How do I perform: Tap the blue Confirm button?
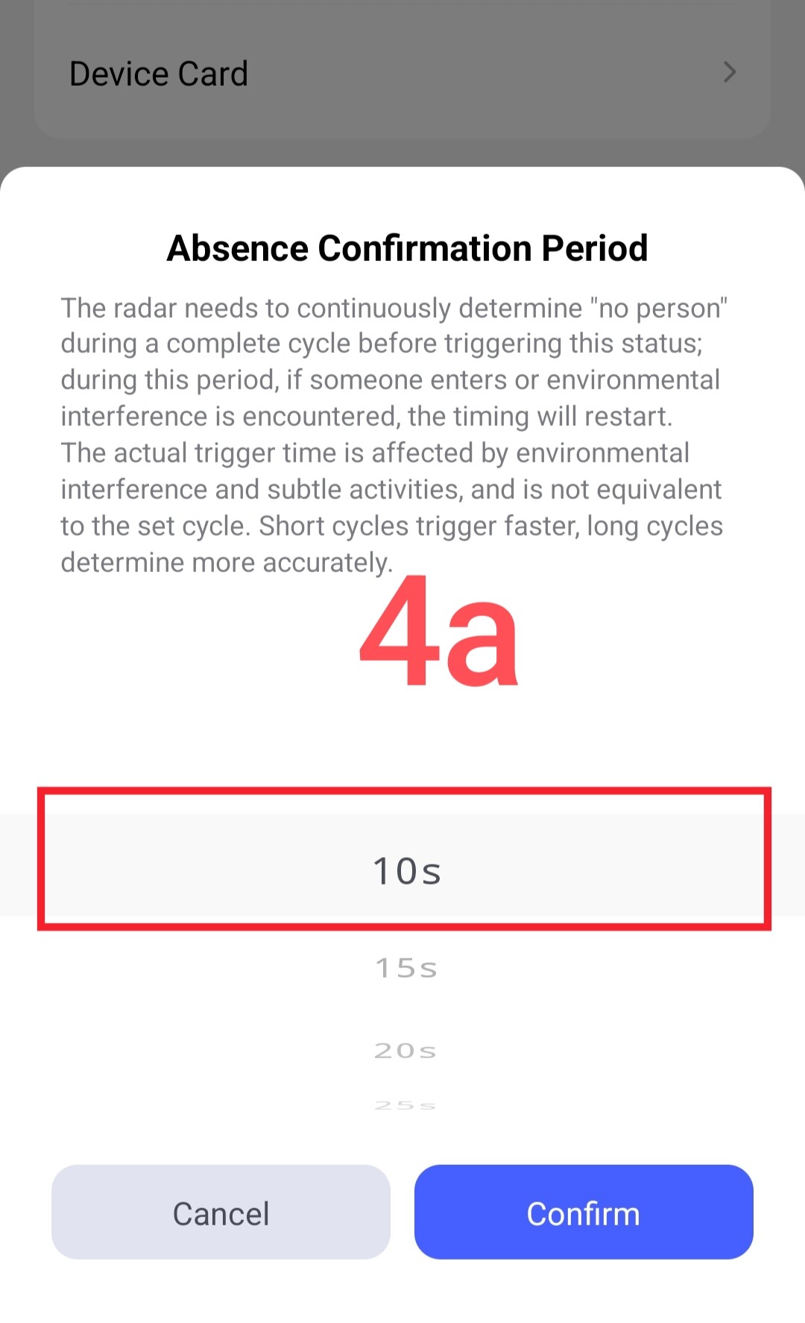click(x=584, y=1212)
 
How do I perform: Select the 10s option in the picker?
click(x=407, y=871)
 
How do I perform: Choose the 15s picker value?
click(x=406, y=968)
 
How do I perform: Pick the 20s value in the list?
click(x=405, y=1051)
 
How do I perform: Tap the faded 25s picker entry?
click(x=405, y=1105)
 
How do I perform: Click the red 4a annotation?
click(x=439, y=631)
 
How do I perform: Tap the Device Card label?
click(x=159, y=74)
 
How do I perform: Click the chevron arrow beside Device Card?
click(x=730, y=72)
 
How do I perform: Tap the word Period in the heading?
click(x=595, y=248)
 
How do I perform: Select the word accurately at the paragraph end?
click(x=327, y=563)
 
